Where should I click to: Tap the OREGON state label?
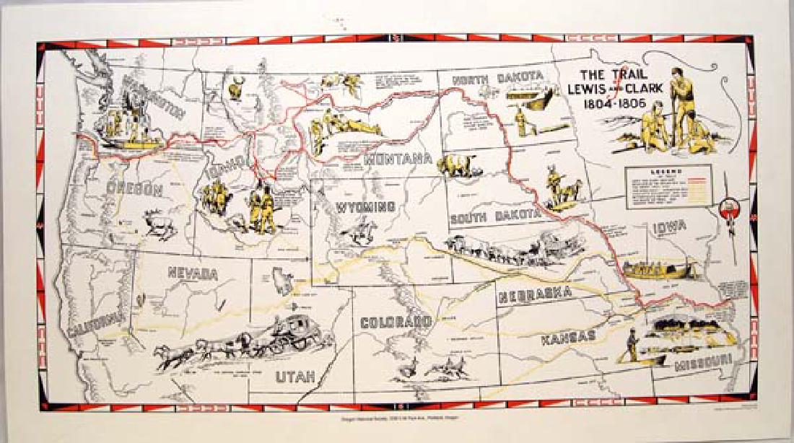134,190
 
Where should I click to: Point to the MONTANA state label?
398,159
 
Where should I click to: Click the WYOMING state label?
365,207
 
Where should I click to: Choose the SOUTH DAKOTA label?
494,216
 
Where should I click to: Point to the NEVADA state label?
193,273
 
